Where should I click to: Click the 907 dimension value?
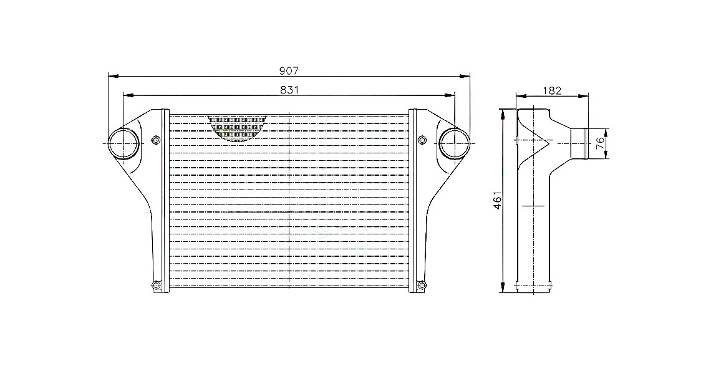289,70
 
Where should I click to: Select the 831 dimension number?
289,90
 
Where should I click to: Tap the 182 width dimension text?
552,90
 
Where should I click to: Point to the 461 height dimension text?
497,200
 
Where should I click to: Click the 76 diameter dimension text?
600,143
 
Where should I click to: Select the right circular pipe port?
454,143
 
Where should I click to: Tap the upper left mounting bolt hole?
155,140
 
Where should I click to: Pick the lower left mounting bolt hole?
155,285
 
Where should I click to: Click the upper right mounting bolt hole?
422,140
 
